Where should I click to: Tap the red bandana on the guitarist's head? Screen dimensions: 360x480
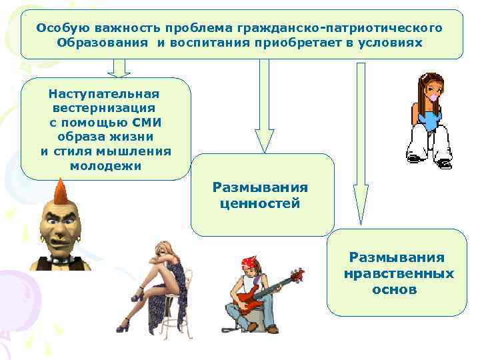(x=247, y=261)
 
